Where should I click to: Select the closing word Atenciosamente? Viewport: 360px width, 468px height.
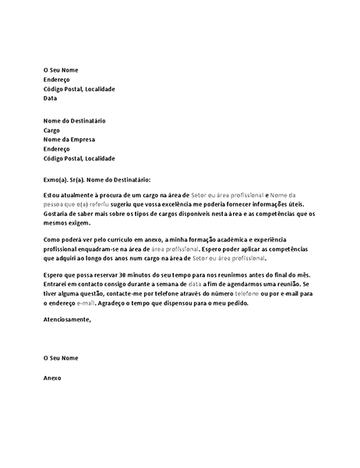coord(68,319)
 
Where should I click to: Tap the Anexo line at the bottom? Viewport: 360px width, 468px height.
coord(52,378)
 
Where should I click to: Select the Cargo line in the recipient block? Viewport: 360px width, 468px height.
coord(51,130)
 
